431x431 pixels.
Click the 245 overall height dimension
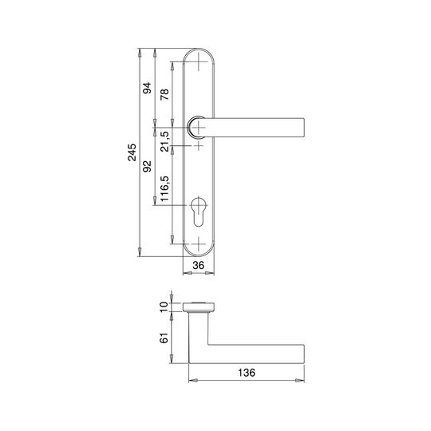[132, 152]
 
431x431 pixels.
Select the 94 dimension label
[147, 88]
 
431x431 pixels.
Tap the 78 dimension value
[164, 94]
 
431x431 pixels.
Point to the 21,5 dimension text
[165, 141]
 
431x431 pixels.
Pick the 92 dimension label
[147, 166]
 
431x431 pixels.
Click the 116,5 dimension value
[164, 188]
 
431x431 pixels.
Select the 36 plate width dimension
[199, 265]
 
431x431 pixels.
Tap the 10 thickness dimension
[164, 306]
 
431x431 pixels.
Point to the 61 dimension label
[164, 338]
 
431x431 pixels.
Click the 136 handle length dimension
[247, 373]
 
